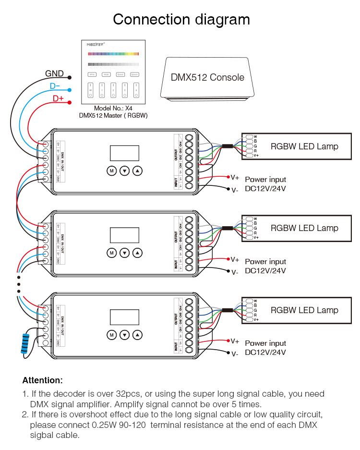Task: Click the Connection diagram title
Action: (181, 20)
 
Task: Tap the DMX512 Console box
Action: (207, 78)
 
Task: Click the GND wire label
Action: (54, 73)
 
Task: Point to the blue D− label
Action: (55, 86)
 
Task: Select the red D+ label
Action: (58, 99)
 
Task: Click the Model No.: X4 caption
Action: (113, 109)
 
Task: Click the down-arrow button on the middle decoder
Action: (125, 253)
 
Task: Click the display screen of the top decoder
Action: (124, 153)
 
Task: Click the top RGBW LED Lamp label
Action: (304, 146)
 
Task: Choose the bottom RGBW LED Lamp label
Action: (304, 310)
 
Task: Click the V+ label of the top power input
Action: (235, 178)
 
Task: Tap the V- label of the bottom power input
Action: (235, 354)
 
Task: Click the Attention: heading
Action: (42, 380)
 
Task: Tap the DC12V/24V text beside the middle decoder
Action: (265, 270)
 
